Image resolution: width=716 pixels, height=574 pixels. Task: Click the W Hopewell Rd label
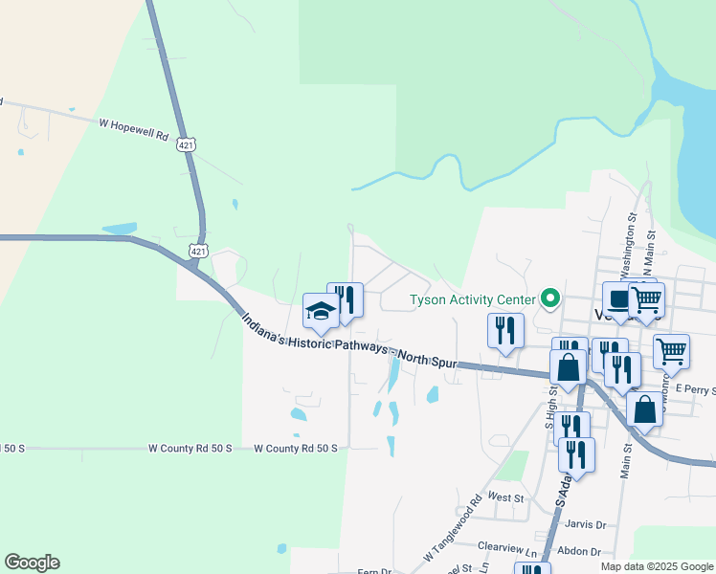point(140,123)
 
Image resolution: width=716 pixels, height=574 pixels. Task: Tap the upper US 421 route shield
point(186,144)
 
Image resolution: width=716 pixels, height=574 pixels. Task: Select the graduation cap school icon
point(321,311)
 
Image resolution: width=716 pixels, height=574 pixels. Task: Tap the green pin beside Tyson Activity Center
point(549,298)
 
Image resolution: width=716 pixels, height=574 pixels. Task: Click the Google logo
point(32,563)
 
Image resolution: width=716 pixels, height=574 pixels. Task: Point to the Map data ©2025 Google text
point(658,566)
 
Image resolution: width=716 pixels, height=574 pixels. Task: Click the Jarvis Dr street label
point(587,524)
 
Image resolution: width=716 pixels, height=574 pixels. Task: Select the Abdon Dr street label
point(582,552)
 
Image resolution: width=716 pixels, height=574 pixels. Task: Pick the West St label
point(505,497)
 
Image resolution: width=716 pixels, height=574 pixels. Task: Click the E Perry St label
point(695,389)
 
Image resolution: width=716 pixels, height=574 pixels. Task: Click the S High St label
point(549,402)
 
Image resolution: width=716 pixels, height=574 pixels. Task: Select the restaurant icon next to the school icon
point(345,300)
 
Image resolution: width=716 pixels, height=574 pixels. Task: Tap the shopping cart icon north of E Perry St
point(671,351)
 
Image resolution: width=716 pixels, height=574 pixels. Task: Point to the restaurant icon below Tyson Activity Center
point(505,331)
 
